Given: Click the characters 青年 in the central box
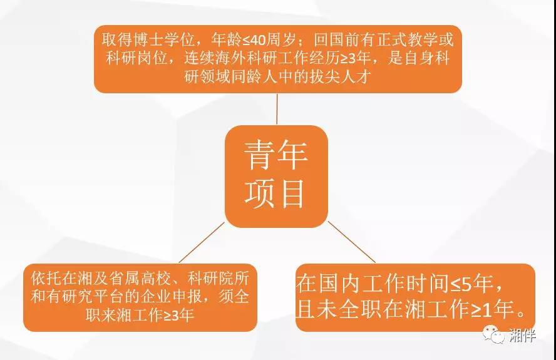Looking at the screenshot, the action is point(275,155).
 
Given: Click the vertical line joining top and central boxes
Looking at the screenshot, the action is point(277,109).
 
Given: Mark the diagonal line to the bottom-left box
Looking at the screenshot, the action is point(202,242).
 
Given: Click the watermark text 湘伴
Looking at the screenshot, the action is point(522,335).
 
